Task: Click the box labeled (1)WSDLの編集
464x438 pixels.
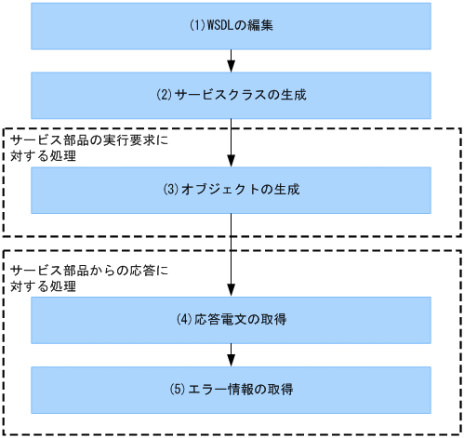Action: tap(231, 26)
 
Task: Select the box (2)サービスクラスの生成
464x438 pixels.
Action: tap(231, 95)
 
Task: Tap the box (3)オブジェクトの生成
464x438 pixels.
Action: tap(231, 189)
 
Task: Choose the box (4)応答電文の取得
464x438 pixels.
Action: tap(231, 320)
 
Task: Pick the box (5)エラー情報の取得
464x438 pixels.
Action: tap(231, 389)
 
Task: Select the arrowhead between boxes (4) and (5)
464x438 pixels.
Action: tap(231, 360)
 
